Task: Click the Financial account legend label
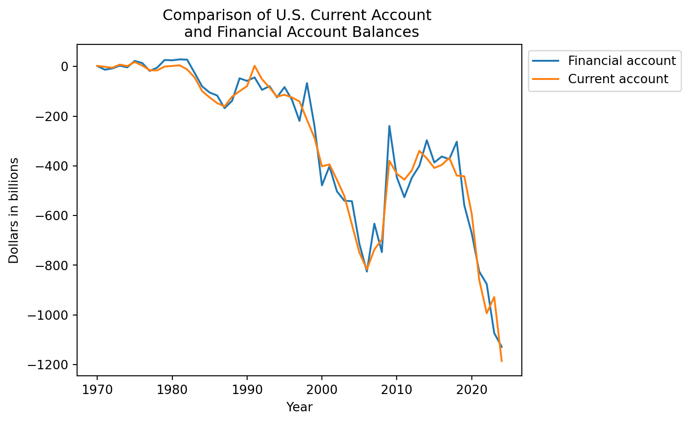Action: click(x=622, y=61)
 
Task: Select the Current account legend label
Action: click(x=618, y=79)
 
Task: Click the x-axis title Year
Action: click(x=299, y=407)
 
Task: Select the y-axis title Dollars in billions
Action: click(x=14, y=210)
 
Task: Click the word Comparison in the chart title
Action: click(x=196, y=15)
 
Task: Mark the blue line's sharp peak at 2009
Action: click(x=389, y=126)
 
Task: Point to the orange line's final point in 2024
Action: click(x=502, y=361)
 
